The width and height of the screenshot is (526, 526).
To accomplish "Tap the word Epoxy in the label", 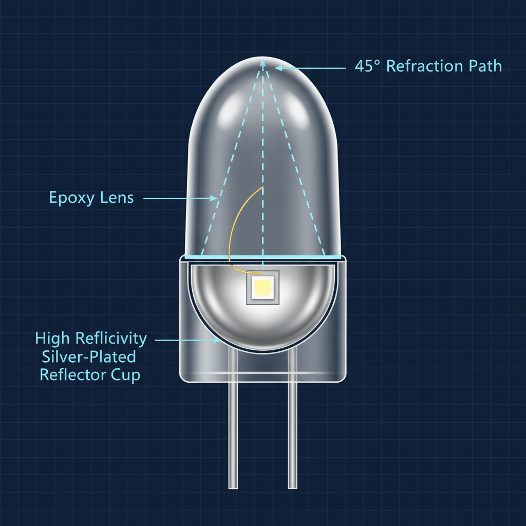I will (x=70, y=198).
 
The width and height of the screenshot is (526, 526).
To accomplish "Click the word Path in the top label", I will (x=484, y=66).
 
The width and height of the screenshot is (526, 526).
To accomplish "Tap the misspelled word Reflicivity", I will (x=110, y=339).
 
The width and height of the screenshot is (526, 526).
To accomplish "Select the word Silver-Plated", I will (x=87, y=357).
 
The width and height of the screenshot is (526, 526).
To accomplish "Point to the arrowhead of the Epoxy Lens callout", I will (x=215, y=197).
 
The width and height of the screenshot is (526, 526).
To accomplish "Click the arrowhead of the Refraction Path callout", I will (x=278, y=67).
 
